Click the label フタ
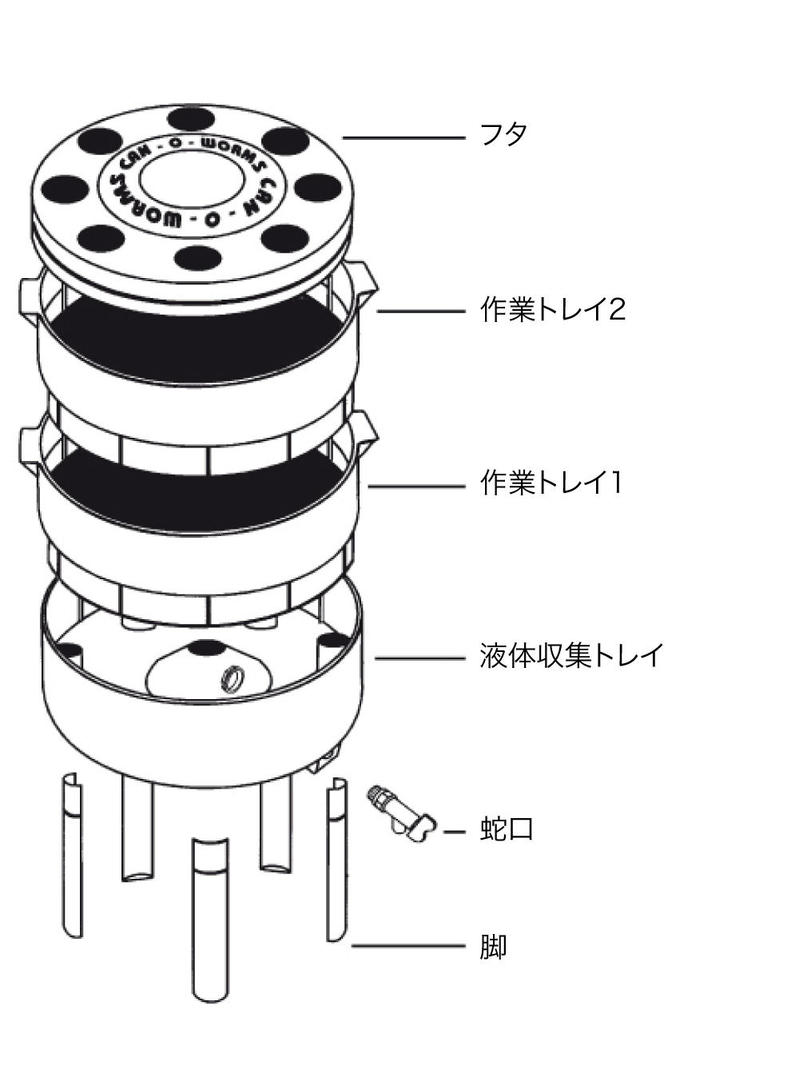tap(503, 134)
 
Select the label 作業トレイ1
tap(551, 483)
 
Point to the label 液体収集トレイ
tap(571, 655)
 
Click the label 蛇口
tap(507, 829)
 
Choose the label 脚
tap(493, 947)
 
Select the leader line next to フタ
tap(403, 138)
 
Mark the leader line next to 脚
tap(408, 946)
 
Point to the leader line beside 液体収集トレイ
tap(420, 658)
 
